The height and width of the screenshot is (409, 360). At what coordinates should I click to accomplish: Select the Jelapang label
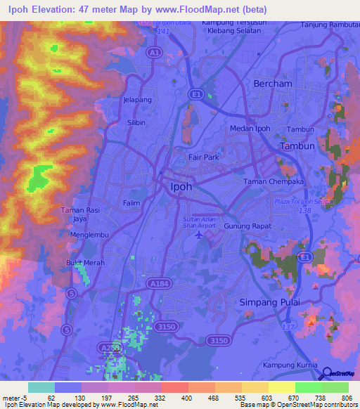tap(138, 100)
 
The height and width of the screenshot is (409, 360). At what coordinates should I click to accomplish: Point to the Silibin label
tap(136, 122)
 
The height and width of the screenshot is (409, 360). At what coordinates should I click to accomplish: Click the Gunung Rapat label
tap(247, 226)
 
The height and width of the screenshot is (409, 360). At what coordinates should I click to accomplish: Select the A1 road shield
tap(154, 53)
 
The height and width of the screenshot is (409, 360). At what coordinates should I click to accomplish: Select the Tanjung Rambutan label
tap(329, 25)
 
